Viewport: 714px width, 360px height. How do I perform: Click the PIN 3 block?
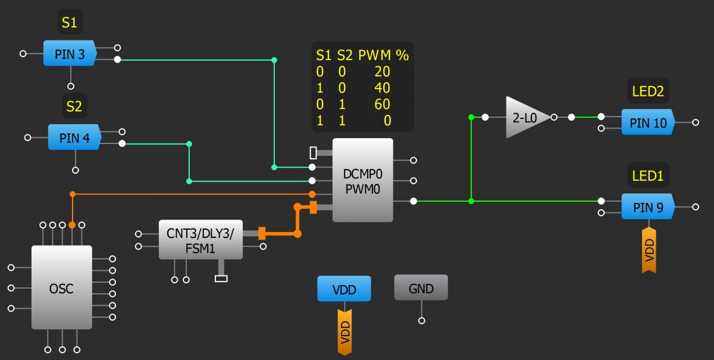70,54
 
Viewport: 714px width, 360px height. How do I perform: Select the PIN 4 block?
74,138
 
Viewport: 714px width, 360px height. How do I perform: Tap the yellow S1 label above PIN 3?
70,23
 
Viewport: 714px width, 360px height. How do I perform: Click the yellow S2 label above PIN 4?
74,107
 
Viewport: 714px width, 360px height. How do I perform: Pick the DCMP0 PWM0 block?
362,180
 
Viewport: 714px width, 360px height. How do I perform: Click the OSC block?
61,288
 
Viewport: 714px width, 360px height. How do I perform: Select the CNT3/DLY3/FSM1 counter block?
200,239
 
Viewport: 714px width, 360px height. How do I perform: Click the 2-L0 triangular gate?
524,118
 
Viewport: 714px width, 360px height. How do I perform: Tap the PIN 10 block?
648,123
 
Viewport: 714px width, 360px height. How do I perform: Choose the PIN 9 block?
647,207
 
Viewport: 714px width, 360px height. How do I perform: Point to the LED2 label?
648,92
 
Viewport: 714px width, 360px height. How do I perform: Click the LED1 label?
648,176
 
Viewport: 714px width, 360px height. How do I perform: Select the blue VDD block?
344,289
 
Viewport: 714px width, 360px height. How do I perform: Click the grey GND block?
421,289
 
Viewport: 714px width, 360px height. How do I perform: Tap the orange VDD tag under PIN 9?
649,250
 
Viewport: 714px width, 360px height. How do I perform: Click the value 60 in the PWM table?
383,105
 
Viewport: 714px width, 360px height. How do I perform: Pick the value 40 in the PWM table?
383,88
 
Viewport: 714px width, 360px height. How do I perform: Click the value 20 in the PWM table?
383,72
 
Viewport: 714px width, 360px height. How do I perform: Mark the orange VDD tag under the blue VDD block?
345,333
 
